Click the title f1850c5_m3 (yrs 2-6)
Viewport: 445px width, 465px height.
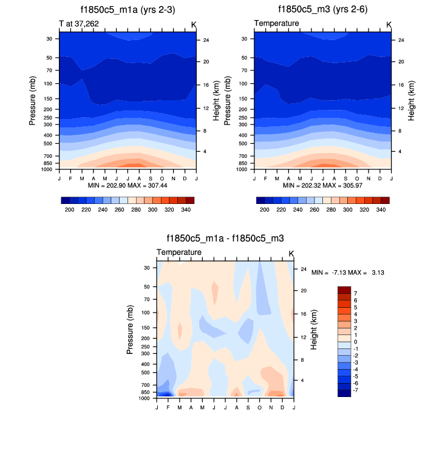322,10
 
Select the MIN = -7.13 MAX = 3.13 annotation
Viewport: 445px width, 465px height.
347,273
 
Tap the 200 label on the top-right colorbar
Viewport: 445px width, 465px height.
264,209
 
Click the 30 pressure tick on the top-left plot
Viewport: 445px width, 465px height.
49,39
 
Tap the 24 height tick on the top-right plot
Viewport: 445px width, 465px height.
399,41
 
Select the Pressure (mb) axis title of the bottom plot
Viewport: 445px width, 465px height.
130,330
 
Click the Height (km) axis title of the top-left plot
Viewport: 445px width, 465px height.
216,100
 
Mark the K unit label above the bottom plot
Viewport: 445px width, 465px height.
291,253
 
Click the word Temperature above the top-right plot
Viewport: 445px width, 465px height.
276,24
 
